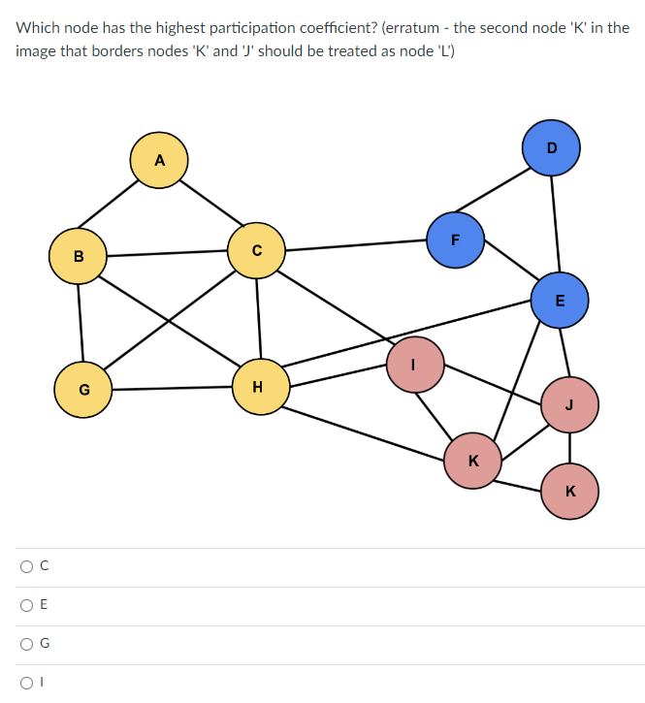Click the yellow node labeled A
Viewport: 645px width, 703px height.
click(x=159, y=160)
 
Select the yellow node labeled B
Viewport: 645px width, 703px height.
click(x=78, y=256)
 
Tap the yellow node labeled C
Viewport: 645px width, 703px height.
click(x=256, y=250)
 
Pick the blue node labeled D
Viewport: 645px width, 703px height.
click(x=551, y=147)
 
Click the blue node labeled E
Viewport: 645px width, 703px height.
click(x=560, y=300)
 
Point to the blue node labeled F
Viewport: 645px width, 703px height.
click(x=455, y=240)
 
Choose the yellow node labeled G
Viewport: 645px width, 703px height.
click(x=83, y=390)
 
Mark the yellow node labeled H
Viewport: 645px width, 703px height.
click(x=258, y=387)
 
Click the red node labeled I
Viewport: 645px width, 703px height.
click(x=415, y=364)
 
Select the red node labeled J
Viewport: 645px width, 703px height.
click(x=569, y=404)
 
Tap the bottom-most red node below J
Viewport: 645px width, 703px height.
click(x=569, y=491)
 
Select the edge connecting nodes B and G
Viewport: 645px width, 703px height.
click(x=80, y=323)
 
